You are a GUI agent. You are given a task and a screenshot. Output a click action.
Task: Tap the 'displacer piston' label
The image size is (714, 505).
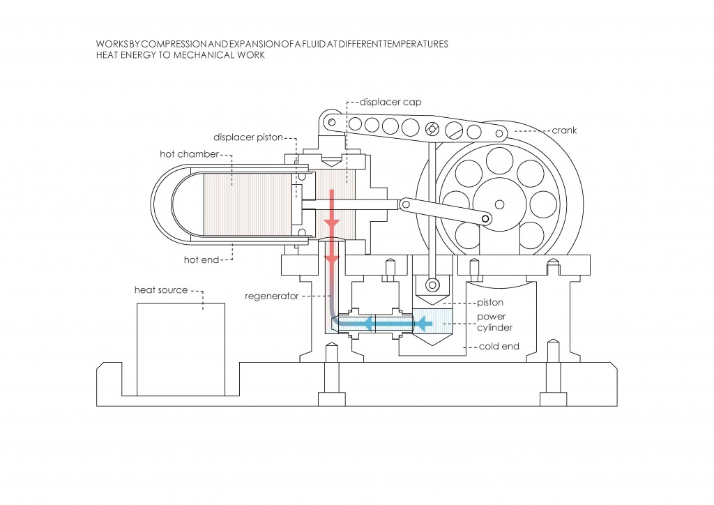(248, 137)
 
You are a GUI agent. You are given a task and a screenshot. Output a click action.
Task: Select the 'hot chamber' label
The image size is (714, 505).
(189, 153)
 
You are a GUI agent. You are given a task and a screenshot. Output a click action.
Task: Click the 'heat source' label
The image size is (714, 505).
(160, 289)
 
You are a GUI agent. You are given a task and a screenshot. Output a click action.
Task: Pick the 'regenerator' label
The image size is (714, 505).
(271, 296)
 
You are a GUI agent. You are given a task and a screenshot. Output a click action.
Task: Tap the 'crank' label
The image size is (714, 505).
(564, 130)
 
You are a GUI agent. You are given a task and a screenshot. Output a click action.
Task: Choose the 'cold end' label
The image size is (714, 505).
(499, 346)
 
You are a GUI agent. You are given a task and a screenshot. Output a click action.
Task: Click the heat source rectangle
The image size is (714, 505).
(181, 349)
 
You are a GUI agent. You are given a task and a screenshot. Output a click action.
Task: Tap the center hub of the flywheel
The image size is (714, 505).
(499, 204)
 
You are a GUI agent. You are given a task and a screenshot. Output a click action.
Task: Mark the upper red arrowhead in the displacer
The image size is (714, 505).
(332, 222)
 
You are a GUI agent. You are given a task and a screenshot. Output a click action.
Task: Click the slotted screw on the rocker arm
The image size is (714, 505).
(432, 128)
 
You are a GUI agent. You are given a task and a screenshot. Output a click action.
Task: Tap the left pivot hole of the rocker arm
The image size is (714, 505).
(332, 122)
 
